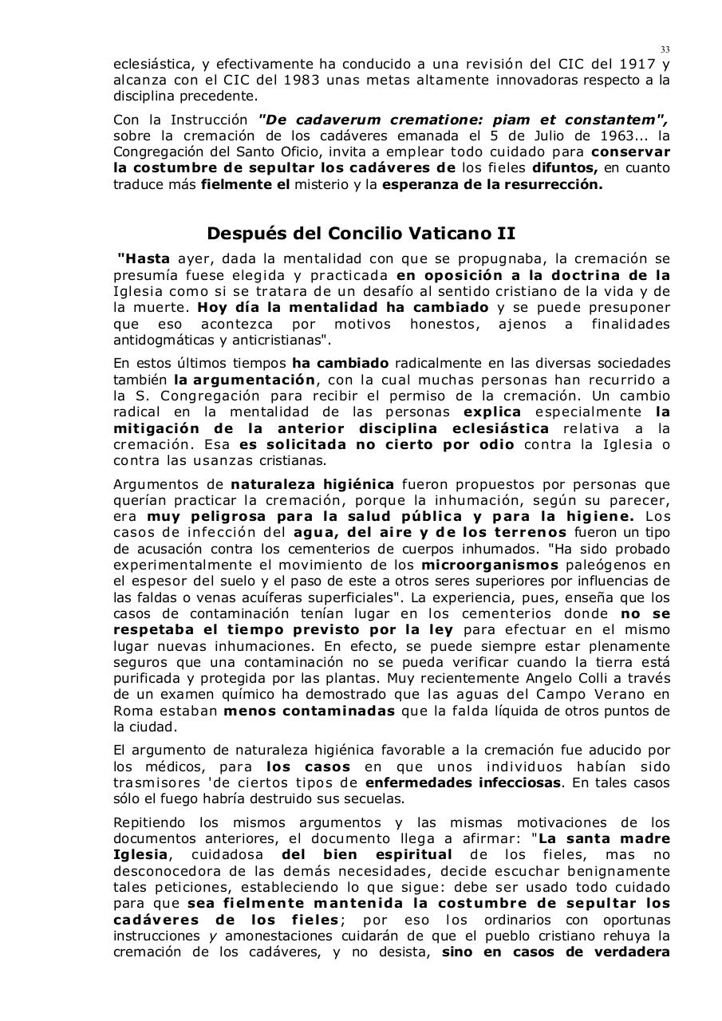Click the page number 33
(x=665, y=49)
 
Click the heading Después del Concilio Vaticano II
(x=361, y=234)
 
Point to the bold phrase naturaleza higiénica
(x=312, y=484)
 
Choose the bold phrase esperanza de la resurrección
(x=492, y=184)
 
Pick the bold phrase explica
(x=492, y=412)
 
